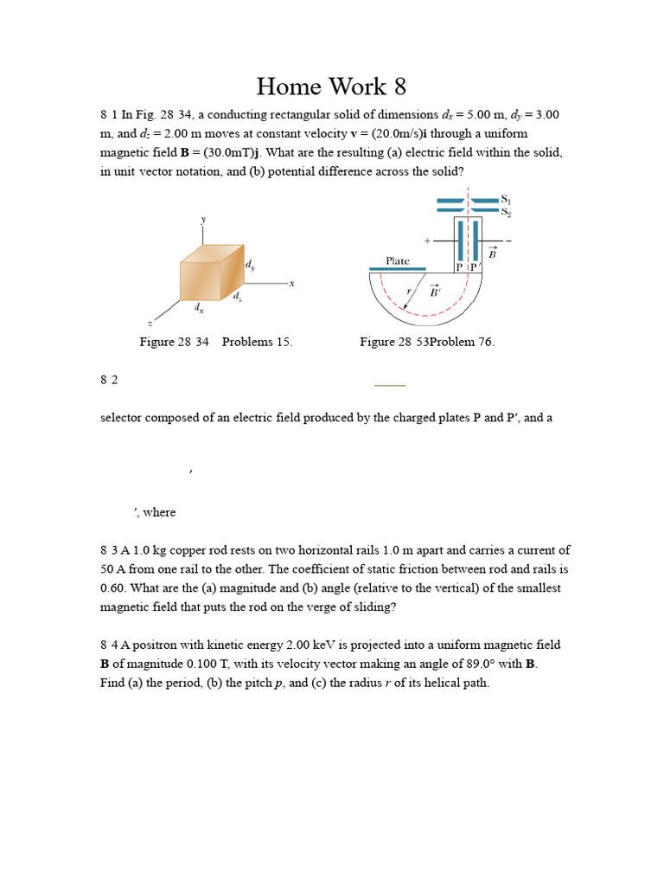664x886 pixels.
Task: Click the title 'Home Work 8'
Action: tap(331, 87)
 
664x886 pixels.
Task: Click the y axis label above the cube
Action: tap(204, 220)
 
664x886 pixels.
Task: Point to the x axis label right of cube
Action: tap(292, 283)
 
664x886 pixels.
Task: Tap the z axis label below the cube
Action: tap(150, 323)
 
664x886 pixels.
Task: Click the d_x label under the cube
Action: tap(199, 307)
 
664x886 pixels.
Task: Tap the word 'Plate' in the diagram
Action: tap(398, 260)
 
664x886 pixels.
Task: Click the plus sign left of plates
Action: tap(427, 240)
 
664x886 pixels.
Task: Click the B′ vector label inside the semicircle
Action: tap(435, 292)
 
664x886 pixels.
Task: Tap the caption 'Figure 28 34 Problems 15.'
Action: tap(216, 342)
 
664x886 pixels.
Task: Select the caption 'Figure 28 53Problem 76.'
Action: tap(427, 342)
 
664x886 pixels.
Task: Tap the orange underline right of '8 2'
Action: tap(390, 384)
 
